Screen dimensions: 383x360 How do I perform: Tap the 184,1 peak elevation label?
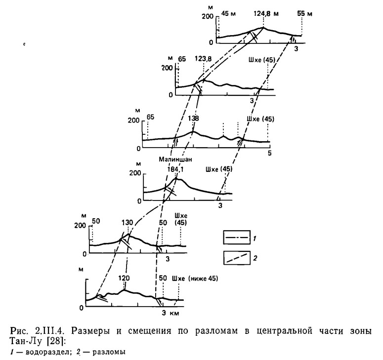tap(175, 169)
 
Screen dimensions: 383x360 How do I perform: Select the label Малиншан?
tap(175, 160)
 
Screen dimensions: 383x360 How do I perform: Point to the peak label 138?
tap(193, 119)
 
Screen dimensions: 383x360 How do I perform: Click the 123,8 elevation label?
tap(203, 59)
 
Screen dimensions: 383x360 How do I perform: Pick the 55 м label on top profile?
tap(305, 14)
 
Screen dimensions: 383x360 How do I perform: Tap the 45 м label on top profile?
tap(228, 14)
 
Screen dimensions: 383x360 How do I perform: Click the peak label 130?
tap(127, 223)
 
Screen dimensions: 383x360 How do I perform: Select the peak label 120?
tap(124, 278)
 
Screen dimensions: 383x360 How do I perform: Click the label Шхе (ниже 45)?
tap(195, 279)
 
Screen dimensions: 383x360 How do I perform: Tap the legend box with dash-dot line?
tap(237, 237)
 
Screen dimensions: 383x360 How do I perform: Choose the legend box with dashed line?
tap(237, 258)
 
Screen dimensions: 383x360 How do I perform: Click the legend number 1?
tap(255, 238)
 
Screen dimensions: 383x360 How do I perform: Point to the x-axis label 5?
tap(270, 153)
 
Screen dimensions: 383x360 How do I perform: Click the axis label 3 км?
tap(170, 313)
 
